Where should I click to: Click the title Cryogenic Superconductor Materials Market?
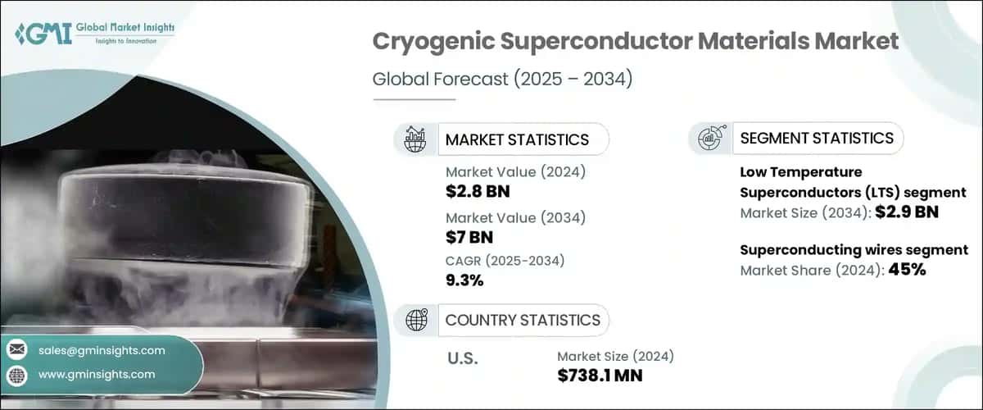636,41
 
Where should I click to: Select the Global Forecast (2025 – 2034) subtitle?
502,80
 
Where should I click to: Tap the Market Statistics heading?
516,139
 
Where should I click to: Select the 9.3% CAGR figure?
464,280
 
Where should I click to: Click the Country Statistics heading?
522,320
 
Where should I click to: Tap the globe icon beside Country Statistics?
417,320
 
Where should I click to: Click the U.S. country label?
462,358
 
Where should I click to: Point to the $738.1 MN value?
600,376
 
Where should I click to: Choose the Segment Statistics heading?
816,138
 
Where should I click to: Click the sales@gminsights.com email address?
102,350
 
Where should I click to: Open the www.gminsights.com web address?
97,374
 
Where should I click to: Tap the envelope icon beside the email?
17,350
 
